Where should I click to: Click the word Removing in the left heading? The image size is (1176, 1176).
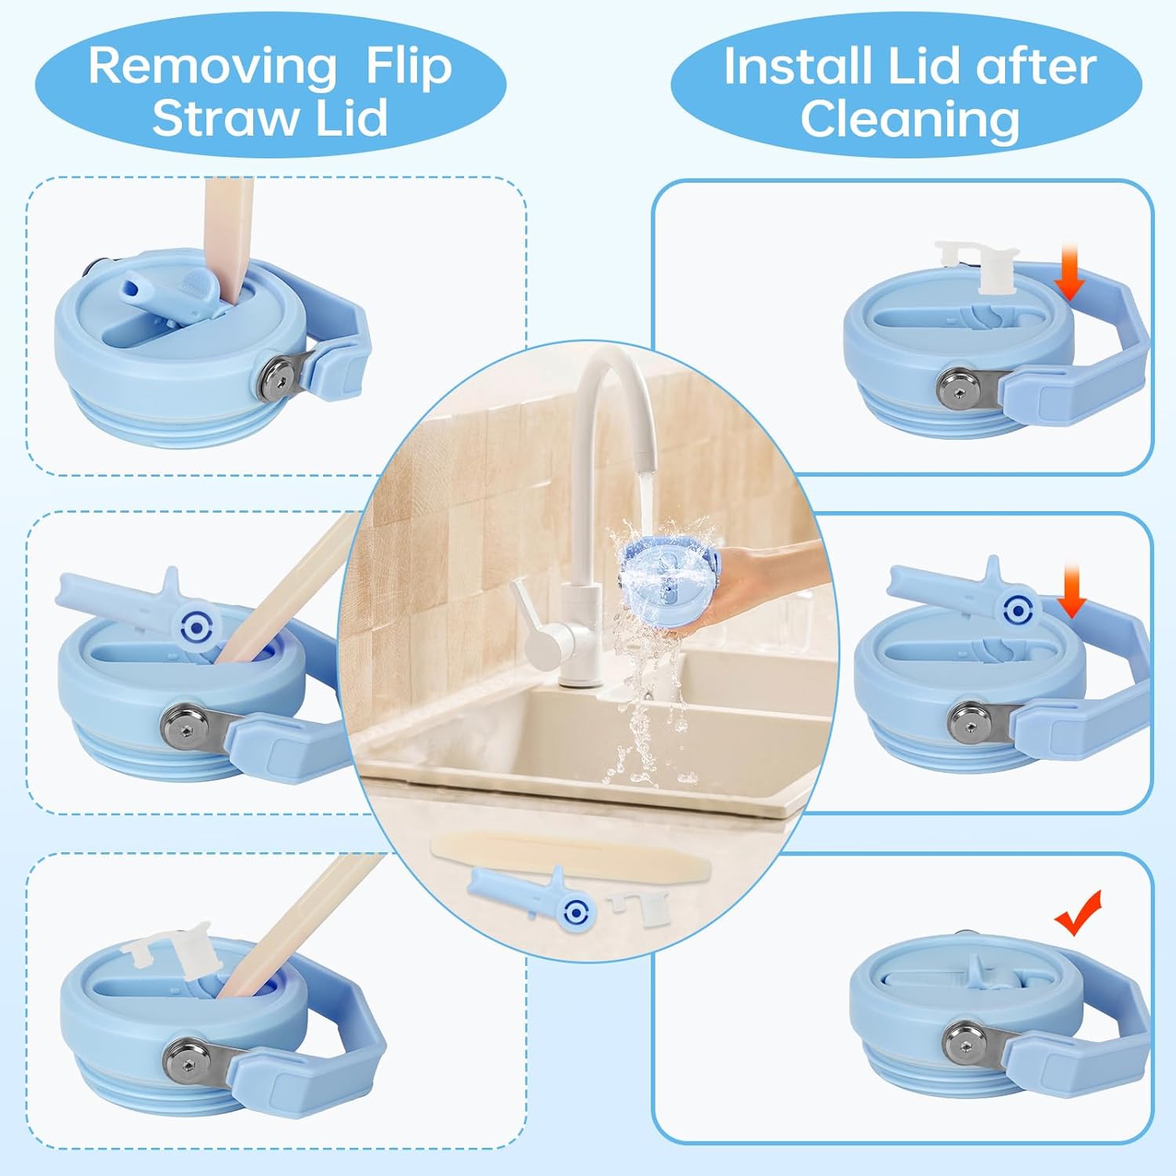[x=212, y=66]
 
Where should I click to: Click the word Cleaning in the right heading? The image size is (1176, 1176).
[x=909, y=119]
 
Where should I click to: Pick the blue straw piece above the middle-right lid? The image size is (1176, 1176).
[x=964, y=597]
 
